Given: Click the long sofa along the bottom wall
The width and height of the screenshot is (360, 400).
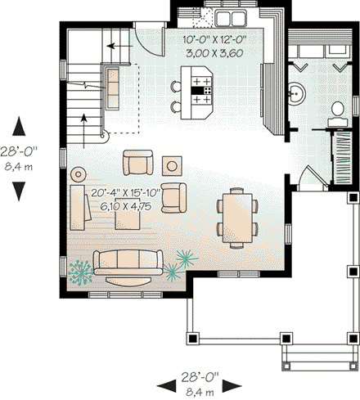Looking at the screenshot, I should [126, 262].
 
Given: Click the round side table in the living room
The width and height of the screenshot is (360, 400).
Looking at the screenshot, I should [79, 173].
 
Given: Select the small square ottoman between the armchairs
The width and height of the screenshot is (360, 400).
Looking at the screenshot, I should [172, 164].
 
